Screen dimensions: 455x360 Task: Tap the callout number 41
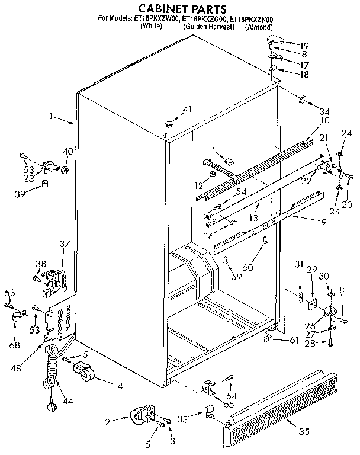point(188,109)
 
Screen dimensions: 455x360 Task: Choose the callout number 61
point(293,340)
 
